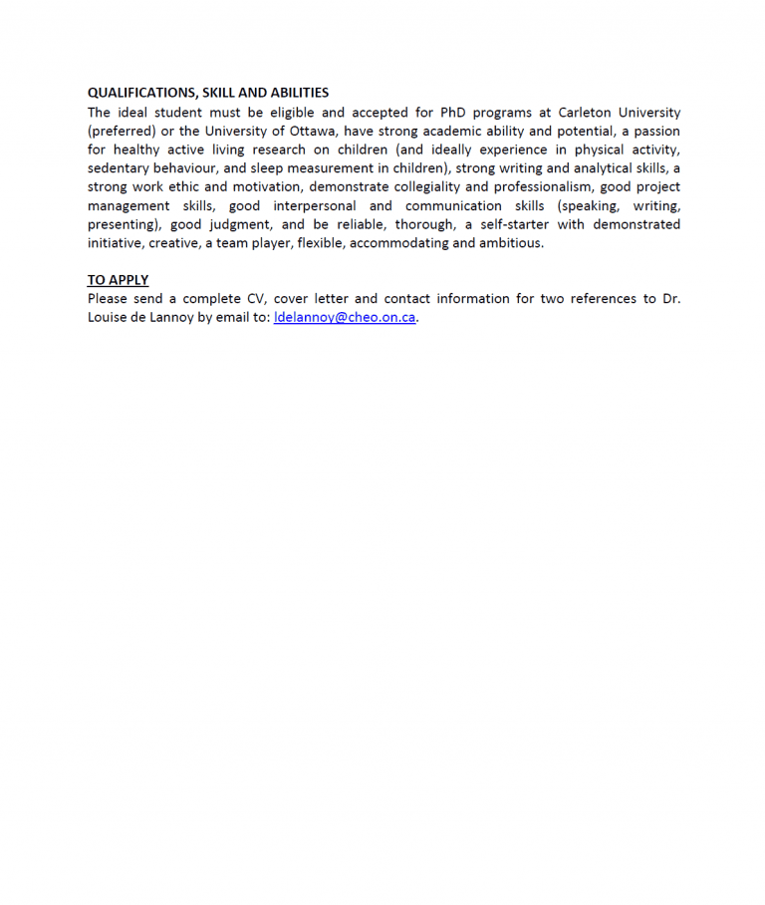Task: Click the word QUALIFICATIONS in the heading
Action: pyautogui.click(x=135, y=93)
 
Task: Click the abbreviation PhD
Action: pyautogui.click(x=453, y=113)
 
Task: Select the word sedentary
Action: pyautogui.click(x=118, y=168)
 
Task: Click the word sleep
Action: pyautogui.click(x=267, y=168)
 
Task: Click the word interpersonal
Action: pyautogui.click(x=315, y=205)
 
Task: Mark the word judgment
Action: pyautogui.click(x=239, y=224)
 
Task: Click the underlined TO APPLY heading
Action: pyautogui.click(x=118, y=280)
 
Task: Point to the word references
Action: pyautogui.click(x=600, y=299)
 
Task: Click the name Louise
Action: pyautogui.click(x=110, y=318)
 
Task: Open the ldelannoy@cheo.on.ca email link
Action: pyautogui.click(x=345, y=318)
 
